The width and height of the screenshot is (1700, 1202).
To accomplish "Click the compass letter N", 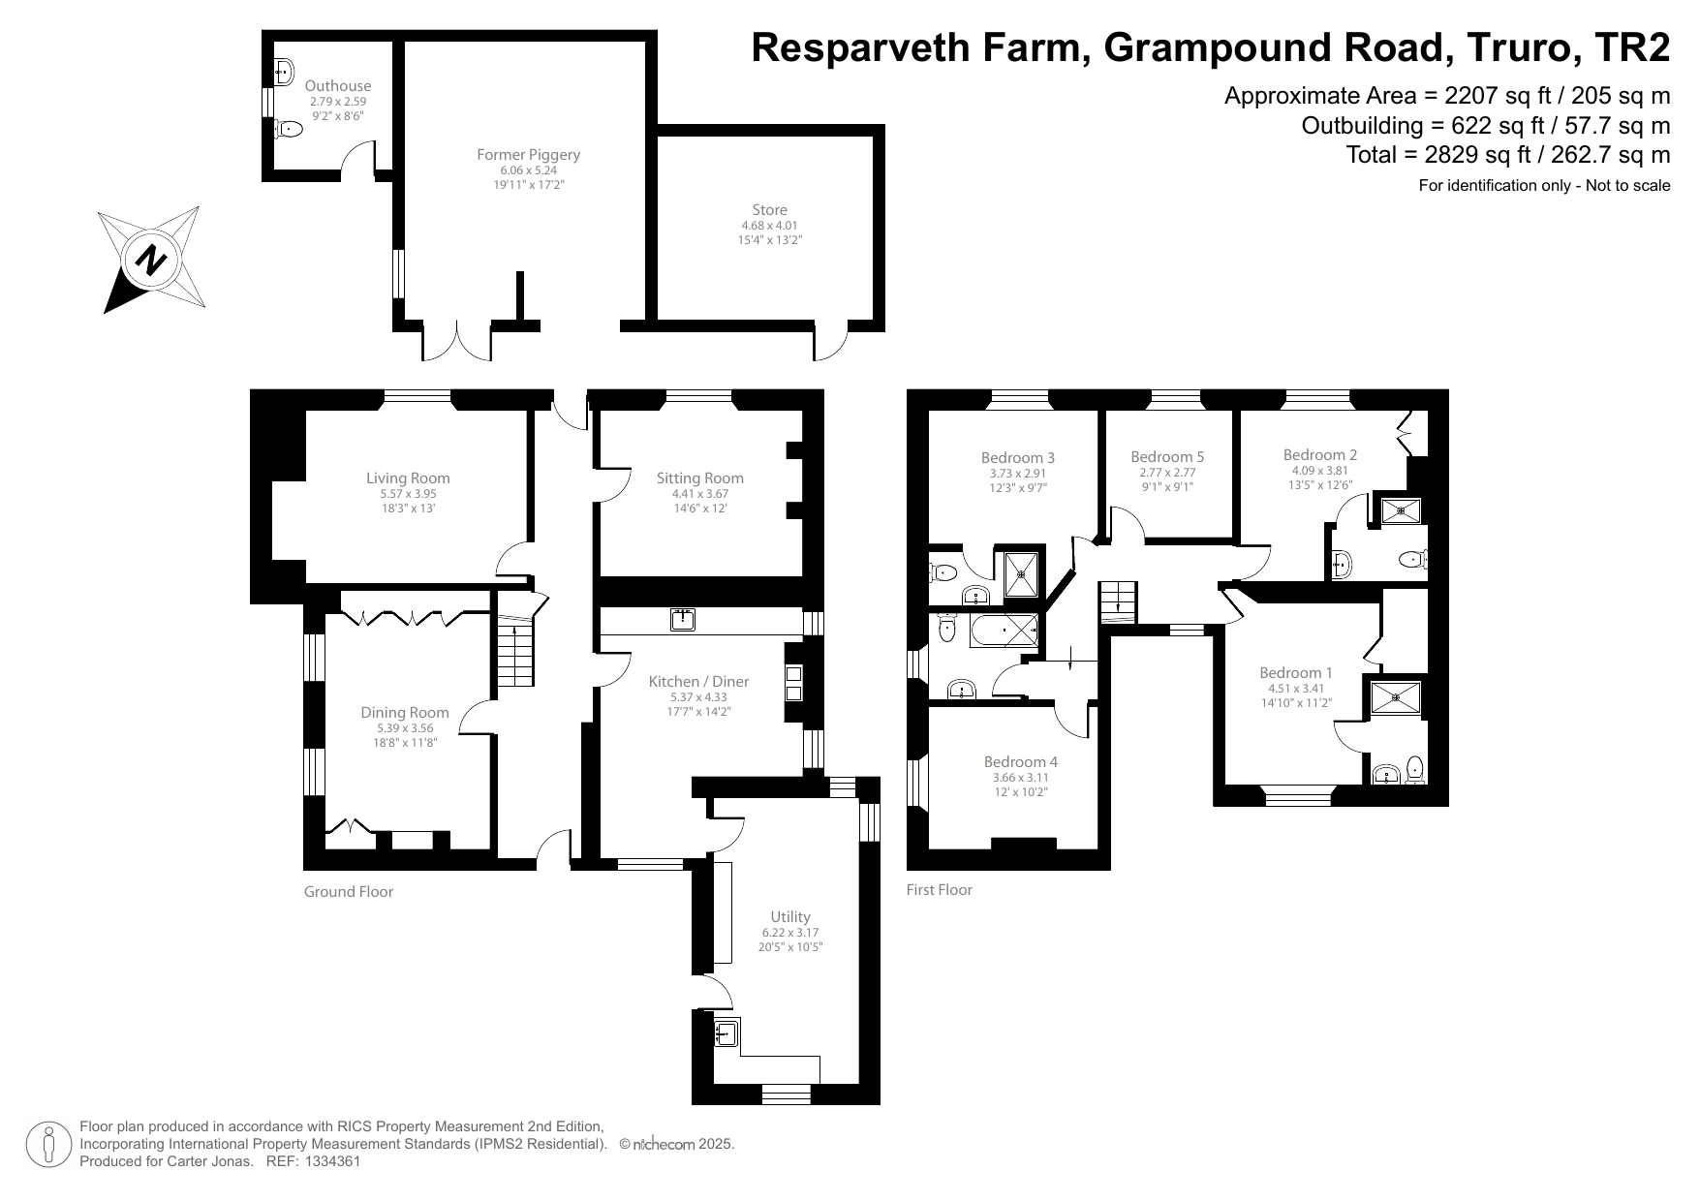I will [151, 261].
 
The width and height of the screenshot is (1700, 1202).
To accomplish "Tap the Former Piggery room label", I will [528, 154].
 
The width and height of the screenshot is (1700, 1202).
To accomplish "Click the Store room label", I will [769, 209].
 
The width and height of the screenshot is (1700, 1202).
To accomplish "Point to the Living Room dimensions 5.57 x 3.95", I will [408, 493].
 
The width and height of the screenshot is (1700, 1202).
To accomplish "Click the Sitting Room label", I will [699, 478].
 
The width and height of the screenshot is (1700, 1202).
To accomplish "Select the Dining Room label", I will [405, 712].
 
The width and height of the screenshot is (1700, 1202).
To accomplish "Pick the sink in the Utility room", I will [726, 1034].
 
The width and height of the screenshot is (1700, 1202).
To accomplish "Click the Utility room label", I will [790, 916].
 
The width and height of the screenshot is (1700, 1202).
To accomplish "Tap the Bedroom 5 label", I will [1167, 456].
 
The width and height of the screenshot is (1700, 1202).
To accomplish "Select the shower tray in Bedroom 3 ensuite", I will [1021, 573].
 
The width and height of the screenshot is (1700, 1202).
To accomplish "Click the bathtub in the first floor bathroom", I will [1005, 631].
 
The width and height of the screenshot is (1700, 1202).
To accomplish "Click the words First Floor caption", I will [939, 889].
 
